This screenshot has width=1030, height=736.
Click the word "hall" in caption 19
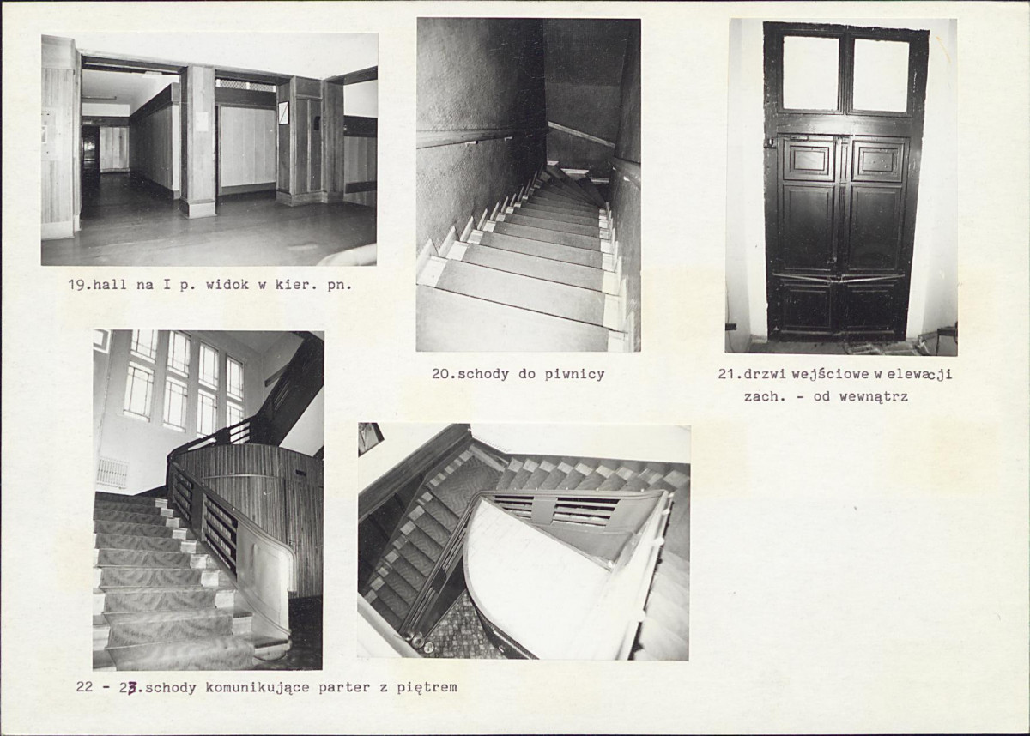pos(110,285)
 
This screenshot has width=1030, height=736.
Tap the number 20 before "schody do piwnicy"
pos(440,374)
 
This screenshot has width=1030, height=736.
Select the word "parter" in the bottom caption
pos(344,689)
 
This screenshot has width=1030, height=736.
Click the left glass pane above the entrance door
pos(810,73)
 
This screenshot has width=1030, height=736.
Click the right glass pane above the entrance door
pos(881,75)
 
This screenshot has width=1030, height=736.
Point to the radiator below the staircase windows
pos(112,473)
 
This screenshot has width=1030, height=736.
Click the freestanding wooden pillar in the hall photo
pos(200,141)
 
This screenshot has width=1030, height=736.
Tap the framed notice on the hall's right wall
pos(283,112)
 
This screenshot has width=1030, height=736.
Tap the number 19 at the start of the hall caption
pos(76,285)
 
